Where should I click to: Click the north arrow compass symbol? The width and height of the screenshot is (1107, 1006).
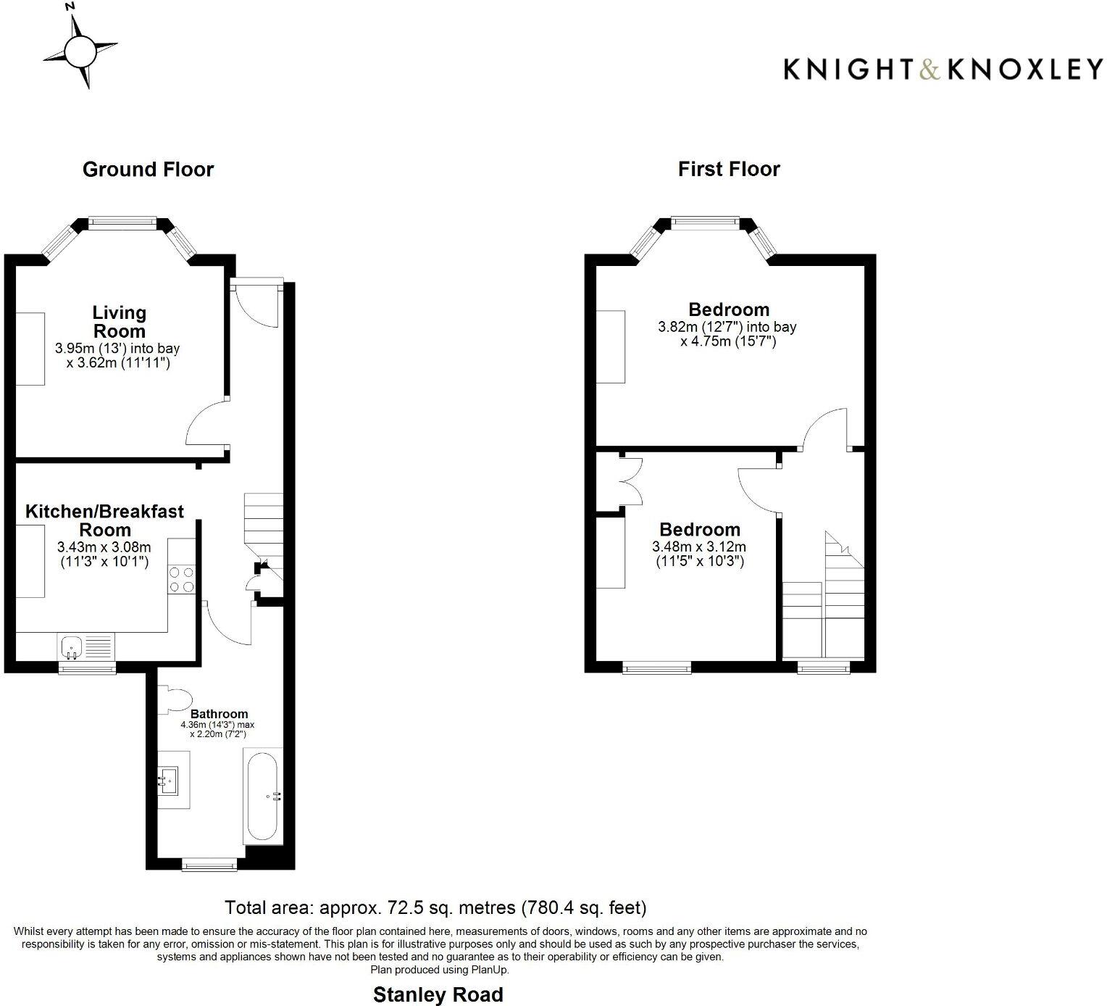click(79, 50)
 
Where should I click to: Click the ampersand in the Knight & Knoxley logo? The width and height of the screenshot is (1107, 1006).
click(930, 70)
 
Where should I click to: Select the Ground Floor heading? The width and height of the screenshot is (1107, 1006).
click(148, 170)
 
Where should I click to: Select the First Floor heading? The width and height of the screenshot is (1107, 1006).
click(729, 169)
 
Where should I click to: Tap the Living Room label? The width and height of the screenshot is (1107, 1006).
click(119, 322)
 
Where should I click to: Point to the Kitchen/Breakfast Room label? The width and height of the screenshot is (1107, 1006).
click(105, 520)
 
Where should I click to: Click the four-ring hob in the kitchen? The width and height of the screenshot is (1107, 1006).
click(182, 579)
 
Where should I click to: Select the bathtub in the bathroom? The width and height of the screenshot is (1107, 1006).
click(262, 797)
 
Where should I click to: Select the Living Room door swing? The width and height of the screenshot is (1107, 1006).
click(206, 425)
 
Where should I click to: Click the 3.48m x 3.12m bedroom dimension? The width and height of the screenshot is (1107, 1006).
click(698, 547)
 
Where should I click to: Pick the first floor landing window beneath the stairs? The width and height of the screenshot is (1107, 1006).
click(823, 667)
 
